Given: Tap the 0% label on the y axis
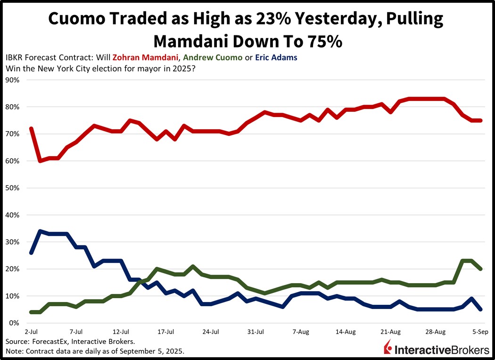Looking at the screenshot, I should coord(15,323).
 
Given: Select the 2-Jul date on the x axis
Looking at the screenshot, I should coord(31,332).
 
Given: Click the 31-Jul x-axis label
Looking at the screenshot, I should coord(255,332).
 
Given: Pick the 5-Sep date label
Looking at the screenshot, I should coord(480,332).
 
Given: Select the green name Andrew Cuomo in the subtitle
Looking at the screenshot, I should coord(214,58).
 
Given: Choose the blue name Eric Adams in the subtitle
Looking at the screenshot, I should coord(276,58).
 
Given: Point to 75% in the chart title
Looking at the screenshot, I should coord(322,41).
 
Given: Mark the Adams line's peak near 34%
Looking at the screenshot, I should coord(40,231).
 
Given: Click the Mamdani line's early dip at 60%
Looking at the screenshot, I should coord(40,161).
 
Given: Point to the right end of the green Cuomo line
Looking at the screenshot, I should coord(480,268).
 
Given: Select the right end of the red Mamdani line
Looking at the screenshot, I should coord(480,120).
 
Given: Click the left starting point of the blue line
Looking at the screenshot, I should coord(31,253).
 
